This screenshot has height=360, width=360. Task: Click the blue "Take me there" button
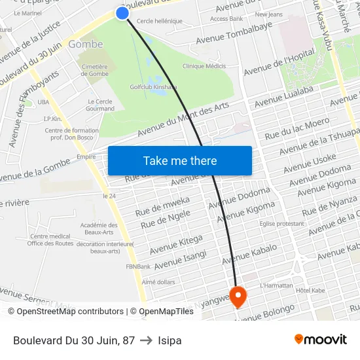pyautogui.click(x=180, y=160)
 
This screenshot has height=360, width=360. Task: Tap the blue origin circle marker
pyautogui.click(x=122, y=12)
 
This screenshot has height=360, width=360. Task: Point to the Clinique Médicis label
pyautogui.click(x=204, y=66)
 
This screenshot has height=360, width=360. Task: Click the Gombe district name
pyautogui.click(x=86, y=45)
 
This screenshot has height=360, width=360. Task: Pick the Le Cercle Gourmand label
pyautogui.click(x=100, y=105)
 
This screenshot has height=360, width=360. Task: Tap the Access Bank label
pyautogui.click(x=226, y=19)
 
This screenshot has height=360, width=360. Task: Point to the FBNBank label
pyautogui.click(x=139, y=266)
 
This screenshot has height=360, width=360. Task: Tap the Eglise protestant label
pyautogui.click(x=282, y=224)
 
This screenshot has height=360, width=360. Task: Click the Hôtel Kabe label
pyautogui.click(x=310, y=290)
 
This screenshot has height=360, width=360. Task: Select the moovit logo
pyautogui.click(x=321, y=339)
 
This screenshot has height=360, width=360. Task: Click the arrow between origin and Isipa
pyautogui.click(x=146, y=340)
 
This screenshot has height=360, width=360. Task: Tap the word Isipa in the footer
pyautogui.click(x=170, y=340)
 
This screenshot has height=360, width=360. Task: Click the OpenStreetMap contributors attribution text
pyautogui.click(x=65, y=312)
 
